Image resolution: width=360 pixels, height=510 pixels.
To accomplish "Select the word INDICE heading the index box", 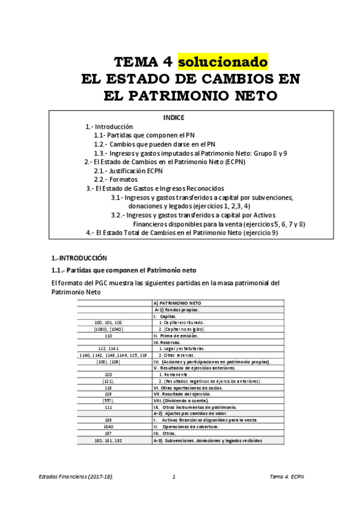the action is pyautogui.click(x=174, y=117).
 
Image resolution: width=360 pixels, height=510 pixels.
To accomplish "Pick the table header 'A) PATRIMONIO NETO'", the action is pyautogui.click(x=178, y=303).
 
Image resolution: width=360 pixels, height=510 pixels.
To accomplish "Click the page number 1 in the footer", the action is pyautogui.click(x=173, y=477).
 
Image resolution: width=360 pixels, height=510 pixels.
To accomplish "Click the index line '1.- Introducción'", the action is pyautogui.click(x=109, y=127).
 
